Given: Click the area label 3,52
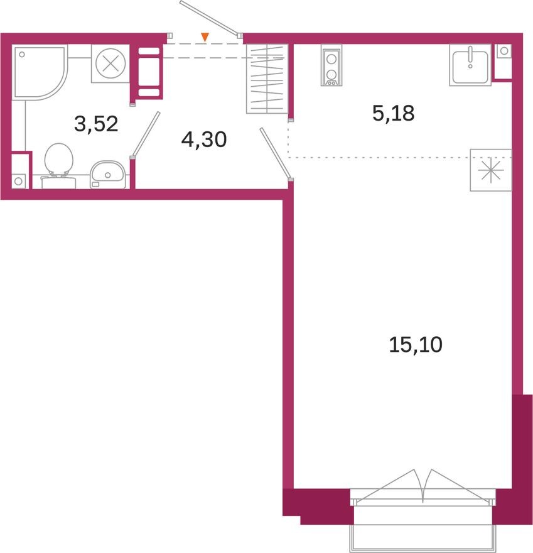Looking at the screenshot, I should (96, 124).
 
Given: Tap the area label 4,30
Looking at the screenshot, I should (203, 140).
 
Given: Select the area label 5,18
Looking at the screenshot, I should (393, 114).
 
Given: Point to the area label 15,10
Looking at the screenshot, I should (416, 344).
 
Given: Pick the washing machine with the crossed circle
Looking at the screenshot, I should (110, 63).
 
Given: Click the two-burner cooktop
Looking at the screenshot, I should (330, 66).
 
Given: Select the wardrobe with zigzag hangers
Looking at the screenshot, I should (267, 79).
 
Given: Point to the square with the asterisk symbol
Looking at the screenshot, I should (490, 170).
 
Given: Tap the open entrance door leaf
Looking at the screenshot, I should (210, 18).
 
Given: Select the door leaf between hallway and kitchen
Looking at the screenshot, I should (274, 153).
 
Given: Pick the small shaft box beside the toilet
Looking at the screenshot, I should (19, 172).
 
